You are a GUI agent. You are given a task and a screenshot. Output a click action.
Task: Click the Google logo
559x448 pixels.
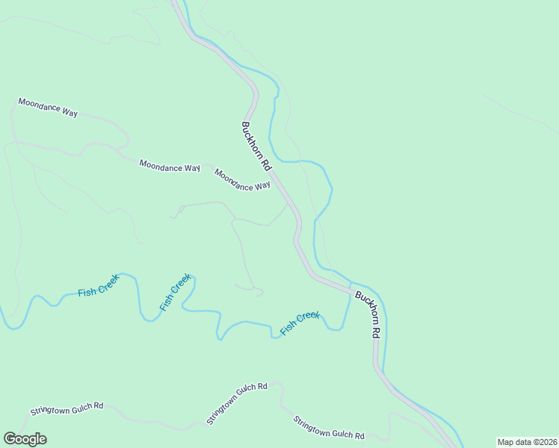click(25, 439)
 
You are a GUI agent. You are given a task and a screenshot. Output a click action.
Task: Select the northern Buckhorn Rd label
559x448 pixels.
click(255, 145)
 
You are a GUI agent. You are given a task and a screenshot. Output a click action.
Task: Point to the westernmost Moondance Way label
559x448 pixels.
click(48, 107)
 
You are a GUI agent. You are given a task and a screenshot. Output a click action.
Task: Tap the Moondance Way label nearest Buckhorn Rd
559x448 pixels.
click(242, 180)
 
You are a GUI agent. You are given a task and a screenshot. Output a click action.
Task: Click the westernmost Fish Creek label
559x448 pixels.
click(98, 288)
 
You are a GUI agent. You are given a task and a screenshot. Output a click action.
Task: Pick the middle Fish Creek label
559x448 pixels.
click(175, 293)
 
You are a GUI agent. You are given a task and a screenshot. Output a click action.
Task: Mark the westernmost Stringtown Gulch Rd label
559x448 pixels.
click(66, 408)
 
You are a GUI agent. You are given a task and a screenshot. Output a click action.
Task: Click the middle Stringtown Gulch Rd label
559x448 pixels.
click(236, 404)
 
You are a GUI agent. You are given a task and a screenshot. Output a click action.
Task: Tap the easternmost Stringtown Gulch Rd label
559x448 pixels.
click(328, 428)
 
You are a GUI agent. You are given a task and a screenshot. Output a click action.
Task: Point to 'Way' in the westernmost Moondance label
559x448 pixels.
click(70, 112)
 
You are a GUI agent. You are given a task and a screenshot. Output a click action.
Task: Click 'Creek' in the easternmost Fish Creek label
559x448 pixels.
click(308, 319)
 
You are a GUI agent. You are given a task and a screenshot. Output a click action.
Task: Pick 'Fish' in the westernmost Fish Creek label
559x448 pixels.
click(85, 292)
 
